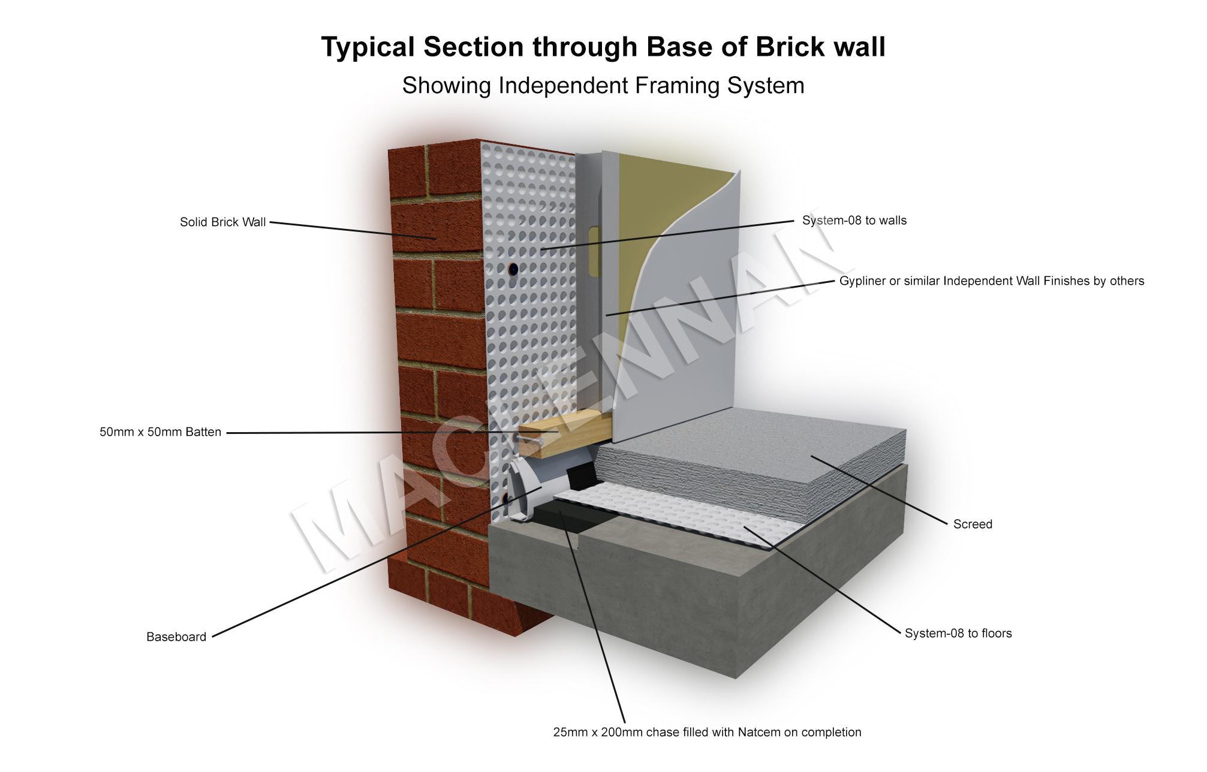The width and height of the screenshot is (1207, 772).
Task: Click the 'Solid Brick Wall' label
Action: coord(222,222)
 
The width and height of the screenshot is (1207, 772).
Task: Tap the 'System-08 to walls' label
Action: coord(854,221)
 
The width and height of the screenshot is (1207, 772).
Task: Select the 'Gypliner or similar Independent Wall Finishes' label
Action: coord(992,281)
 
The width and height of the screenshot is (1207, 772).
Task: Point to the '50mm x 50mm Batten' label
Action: coord(160,432)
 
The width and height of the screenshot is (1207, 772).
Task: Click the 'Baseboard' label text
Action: coord(176,637)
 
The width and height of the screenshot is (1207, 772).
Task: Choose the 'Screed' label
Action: coord(973,524)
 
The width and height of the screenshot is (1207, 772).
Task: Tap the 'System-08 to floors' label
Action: coord(958,634)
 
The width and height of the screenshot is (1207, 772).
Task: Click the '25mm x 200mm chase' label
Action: coord(707,732)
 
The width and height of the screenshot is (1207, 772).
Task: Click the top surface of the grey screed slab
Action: coord(750,441)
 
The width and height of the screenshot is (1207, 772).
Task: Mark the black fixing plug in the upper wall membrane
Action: coord(513,269)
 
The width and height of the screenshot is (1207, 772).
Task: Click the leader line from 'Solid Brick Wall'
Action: coord(353,231)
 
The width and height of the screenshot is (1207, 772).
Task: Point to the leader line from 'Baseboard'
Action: coord(377,562)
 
